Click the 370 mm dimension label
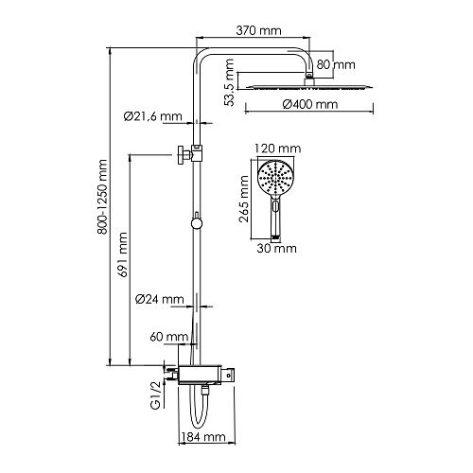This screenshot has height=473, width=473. (258, 30)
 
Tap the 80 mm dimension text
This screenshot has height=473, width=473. (336, 64)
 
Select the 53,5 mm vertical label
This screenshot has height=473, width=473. (229, 82)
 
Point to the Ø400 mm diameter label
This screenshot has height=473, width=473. (310, 104)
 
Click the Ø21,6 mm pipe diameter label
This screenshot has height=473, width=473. (153, 116)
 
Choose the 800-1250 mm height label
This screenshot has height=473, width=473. (102, 197)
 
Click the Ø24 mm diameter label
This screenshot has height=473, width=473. (159, 299)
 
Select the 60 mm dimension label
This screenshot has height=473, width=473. (169, 337)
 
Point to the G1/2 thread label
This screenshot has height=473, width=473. (156, 395)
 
